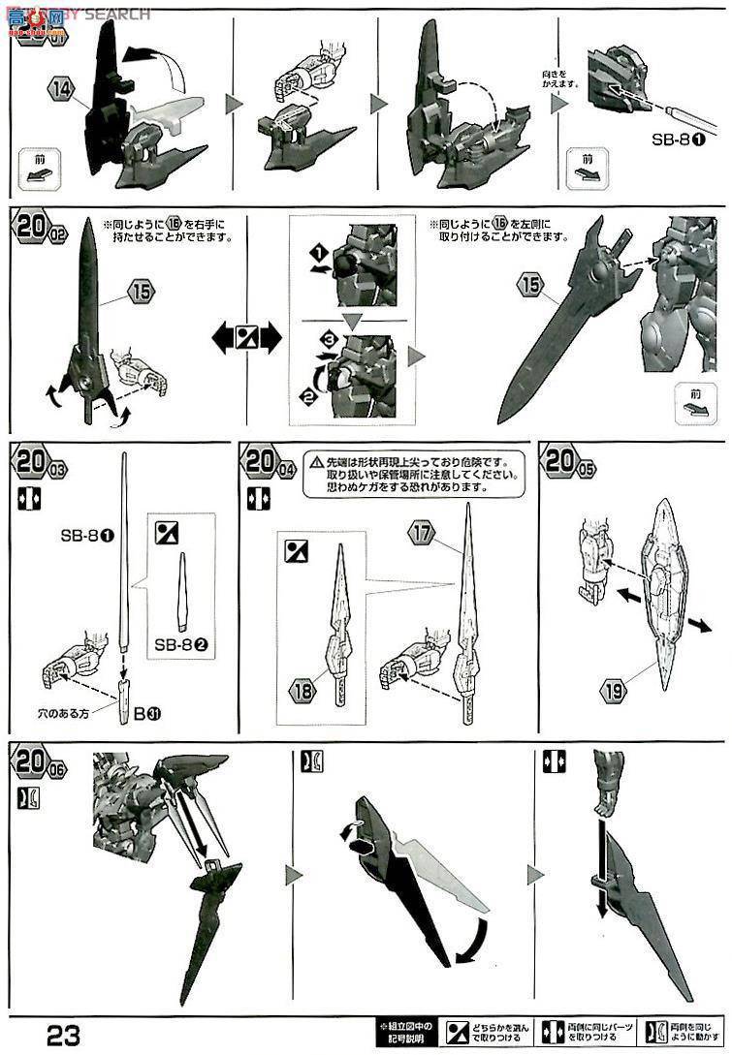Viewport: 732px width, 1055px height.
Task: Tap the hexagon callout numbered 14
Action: (x=60, y=89)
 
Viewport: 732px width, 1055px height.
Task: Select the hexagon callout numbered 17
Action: (x=420, y=532)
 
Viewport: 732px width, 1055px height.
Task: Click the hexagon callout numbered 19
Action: (x=612, y=692)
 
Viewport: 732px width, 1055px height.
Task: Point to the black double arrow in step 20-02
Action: (x=246, y=339)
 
